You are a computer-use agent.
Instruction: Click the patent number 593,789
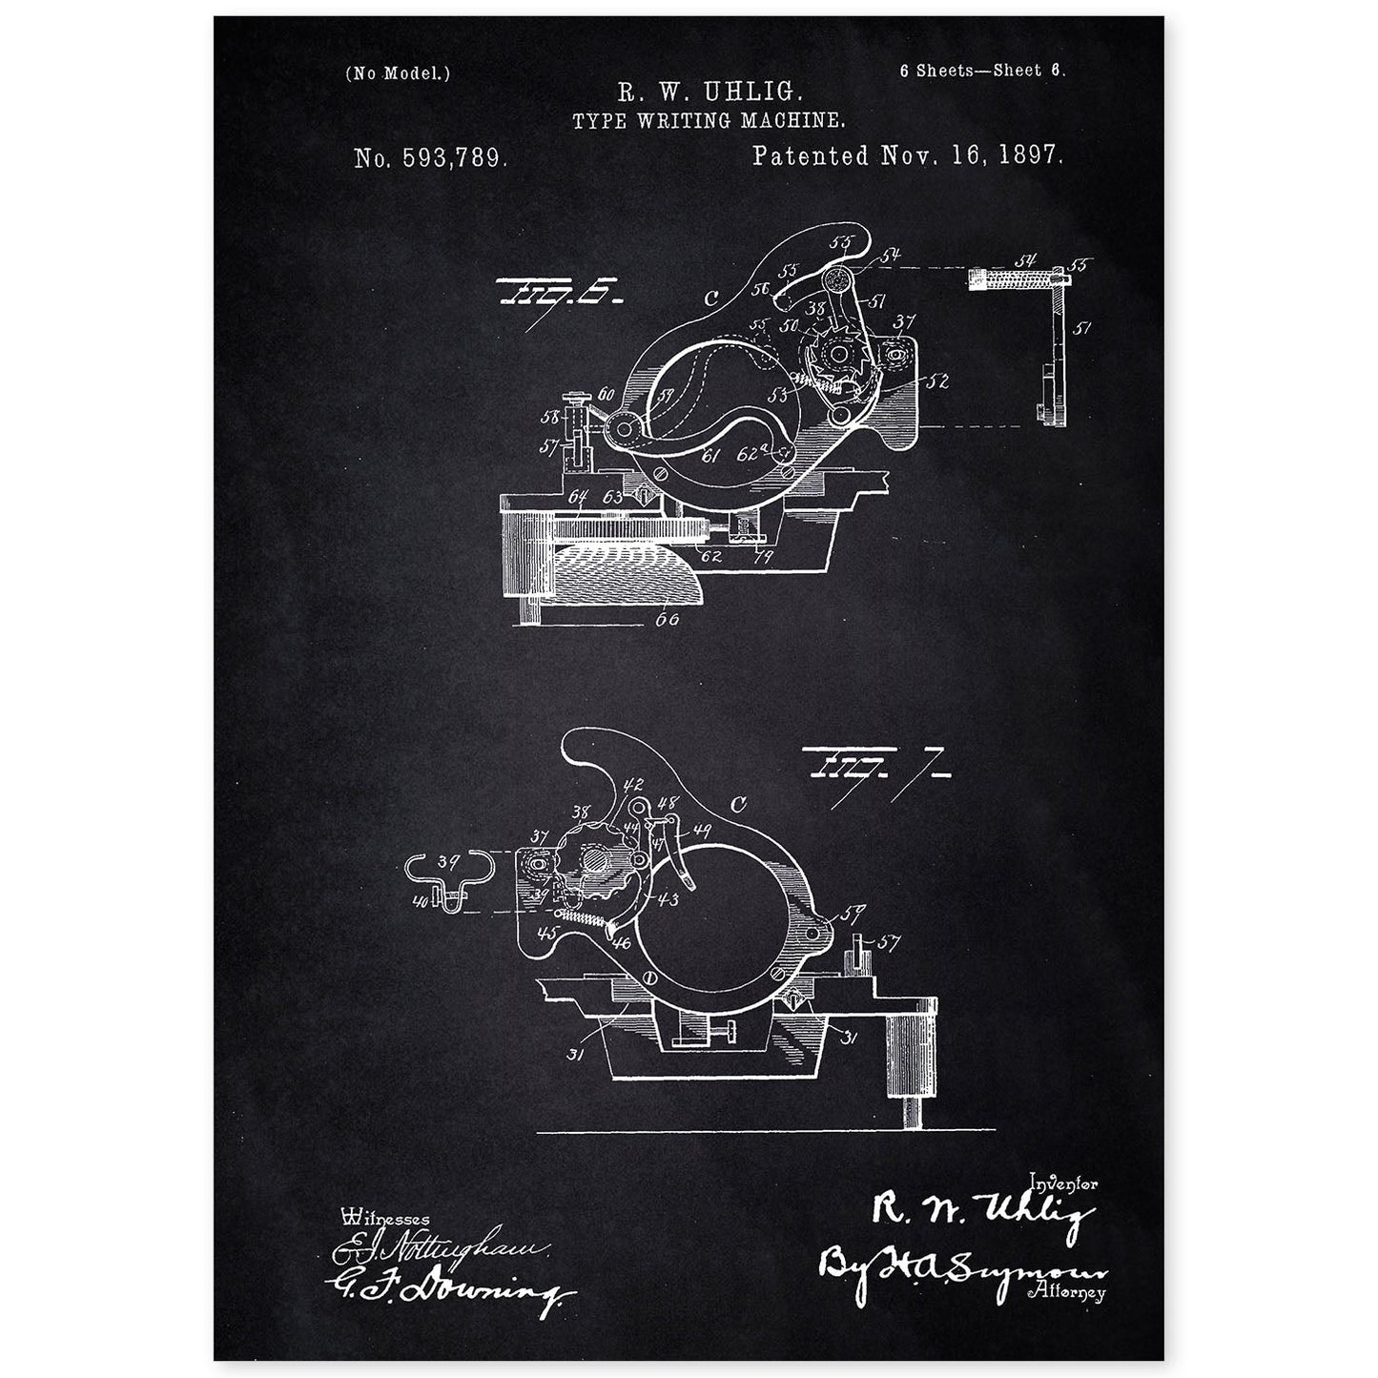coord(429,158)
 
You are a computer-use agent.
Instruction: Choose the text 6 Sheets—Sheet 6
coord(981,71)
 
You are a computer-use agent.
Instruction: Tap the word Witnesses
coord(384,1218)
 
